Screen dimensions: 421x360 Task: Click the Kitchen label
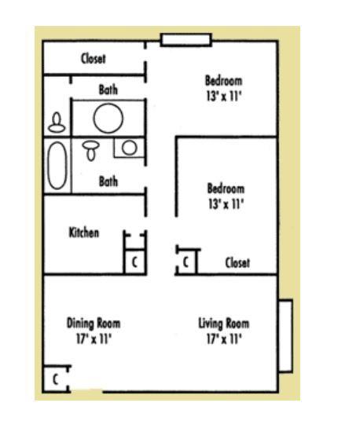pos(84,232)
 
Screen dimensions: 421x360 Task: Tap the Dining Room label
pos(94,323)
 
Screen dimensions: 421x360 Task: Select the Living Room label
pos(224,323)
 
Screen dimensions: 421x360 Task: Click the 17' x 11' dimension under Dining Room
pos(94,339)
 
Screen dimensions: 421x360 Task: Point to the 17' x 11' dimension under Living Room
pos(224,339)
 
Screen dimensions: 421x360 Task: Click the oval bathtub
pos(57,166)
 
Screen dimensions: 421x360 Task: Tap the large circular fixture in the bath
pos(108,118)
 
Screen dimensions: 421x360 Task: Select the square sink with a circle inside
pos(129,147)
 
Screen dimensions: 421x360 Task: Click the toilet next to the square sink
pos(91,148)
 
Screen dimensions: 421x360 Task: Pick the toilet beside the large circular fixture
pos(57,123)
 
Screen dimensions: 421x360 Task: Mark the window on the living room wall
pos(285,335)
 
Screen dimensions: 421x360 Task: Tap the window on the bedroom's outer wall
pos(175,39)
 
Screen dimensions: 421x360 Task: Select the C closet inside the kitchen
pos(134,262)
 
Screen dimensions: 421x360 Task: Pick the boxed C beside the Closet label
pos(186,262)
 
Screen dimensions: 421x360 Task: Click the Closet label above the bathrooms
pos(94,59)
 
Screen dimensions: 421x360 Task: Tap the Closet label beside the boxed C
pos(237,263)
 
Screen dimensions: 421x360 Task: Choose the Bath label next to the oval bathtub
pos(108,181)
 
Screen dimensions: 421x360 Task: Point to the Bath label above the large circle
pos(108,90)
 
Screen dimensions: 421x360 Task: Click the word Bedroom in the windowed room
pos(223,80)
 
